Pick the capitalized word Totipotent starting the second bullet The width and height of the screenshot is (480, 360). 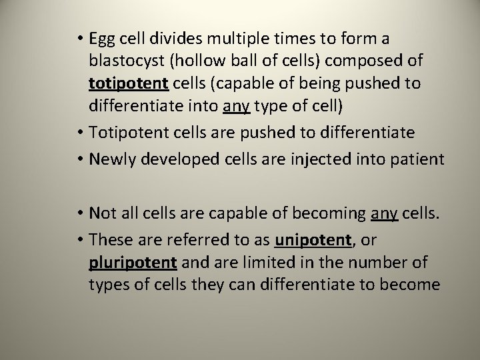tap(125, 132)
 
